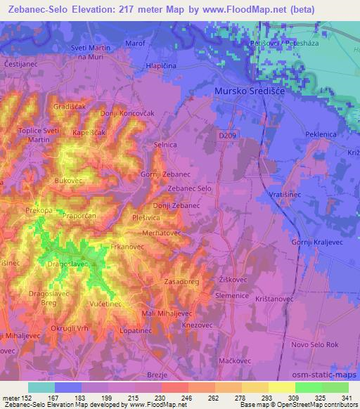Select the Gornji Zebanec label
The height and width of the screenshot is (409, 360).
(165, 174)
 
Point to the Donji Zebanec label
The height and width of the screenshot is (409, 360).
(176, 205)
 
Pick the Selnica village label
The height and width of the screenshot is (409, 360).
(165, 144)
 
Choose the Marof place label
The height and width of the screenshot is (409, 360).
(134, 44)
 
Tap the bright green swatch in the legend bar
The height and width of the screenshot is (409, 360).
(309, 387)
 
